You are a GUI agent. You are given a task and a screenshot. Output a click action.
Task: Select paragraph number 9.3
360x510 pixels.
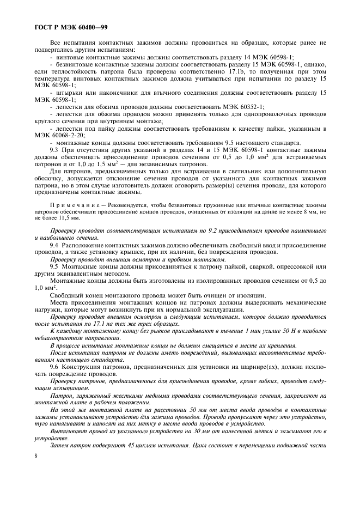[54, 149]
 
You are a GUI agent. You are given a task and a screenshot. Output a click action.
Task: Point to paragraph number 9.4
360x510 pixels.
[54, 245]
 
